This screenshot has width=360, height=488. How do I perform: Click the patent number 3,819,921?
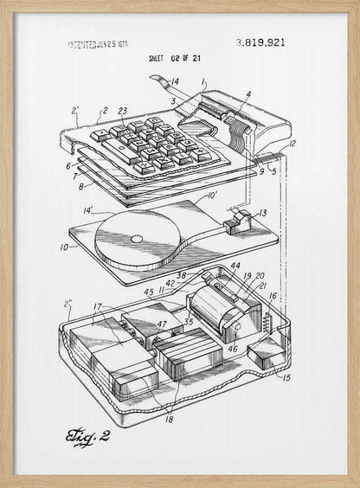pos(260,42)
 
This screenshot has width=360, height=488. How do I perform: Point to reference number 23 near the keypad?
pos(122,111)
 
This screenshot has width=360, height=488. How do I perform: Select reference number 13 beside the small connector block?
pos(263,212)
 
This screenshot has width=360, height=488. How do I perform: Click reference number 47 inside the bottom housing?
pos(162,325)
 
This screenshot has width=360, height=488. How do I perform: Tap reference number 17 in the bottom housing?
pos(98,306)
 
